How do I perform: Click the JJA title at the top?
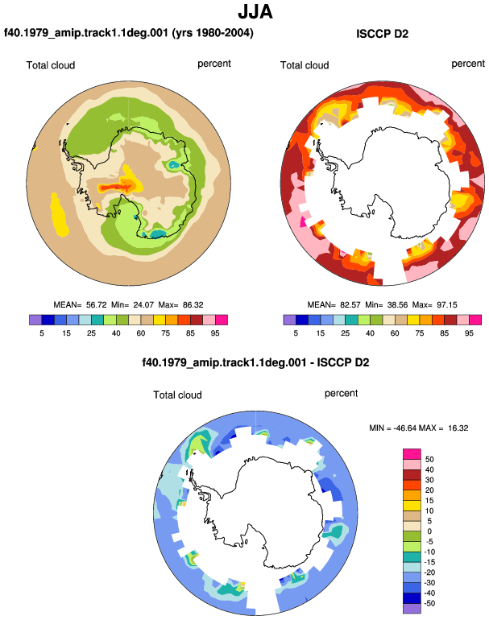pos(255,11)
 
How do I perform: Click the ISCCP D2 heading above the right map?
pos(382,34)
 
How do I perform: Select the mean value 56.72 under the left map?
pos(96,305)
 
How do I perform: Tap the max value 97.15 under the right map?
pos(446,305)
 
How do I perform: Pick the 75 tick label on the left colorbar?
pos(165,333)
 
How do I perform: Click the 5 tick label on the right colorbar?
pos(296,333)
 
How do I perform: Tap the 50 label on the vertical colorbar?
pos(429,460)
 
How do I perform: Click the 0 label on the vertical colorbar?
pos(429,531)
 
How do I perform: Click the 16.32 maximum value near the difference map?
pos(458,428)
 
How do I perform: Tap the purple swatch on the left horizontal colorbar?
pos(35,320)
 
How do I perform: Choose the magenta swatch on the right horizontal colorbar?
pos(475,320)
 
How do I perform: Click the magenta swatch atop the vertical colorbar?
pos(412,454)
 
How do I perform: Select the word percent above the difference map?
pos(341,394)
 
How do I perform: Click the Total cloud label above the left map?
pos(51,65)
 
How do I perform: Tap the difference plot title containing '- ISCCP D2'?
pos(255,362)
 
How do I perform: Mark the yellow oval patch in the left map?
pos(59,215)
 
